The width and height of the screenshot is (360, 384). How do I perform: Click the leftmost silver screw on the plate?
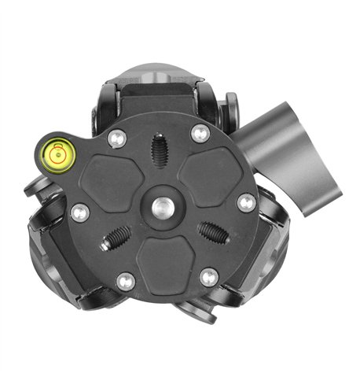click(79, 212)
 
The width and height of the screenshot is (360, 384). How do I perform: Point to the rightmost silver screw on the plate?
click(246, 203)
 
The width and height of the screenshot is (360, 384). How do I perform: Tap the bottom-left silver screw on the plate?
click(124, 281)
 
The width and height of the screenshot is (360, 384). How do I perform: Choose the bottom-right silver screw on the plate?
click(209, 276)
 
